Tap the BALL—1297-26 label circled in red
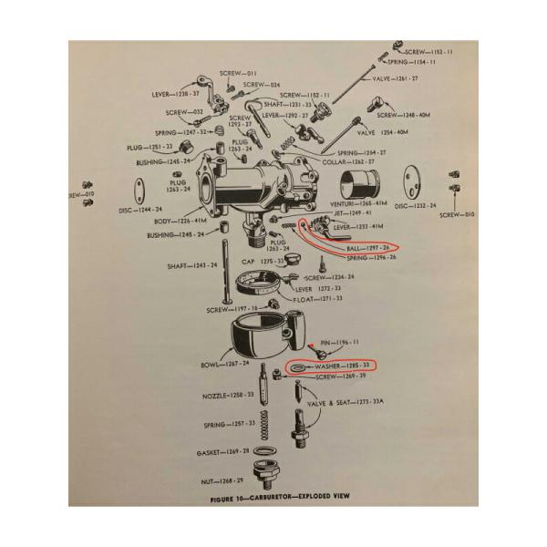[x=366, y=246]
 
